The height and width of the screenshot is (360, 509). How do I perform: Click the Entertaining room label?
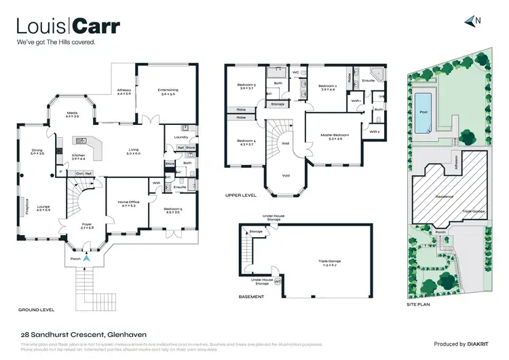pyautogui.click(x=168, y=91)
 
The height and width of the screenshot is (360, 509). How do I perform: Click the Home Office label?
pyautogui.click(x=128, y=202)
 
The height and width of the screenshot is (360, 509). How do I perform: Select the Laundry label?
pyautogui.click(x=181, y=137)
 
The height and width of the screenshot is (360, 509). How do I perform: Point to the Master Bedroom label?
pyautogui.click(x=333, y=136)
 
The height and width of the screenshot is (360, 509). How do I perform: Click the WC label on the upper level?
pyautogui.click(x=296, y=72)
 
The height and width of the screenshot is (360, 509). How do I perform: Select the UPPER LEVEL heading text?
pyautogui.click(x=240, y=196)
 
